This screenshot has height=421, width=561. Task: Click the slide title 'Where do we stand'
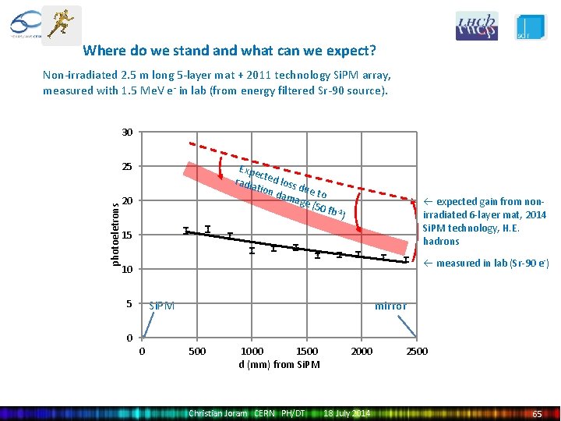pos(229,51)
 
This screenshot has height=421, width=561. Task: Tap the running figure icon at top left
pos(61,24)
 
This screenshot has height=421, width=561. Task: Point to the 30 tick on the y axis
pos(127,132)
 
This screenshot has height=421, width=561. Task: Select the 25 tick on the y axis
pos(127,166)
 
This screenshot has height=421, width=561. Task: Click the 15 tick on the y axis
pos(127,235)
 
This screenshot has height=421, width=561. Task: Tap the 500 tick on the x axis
pos(198,352)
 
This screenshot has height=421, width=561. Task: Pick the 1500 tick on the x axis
pos(308,352)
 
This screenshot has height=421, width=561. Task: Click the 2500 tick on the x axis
pos(417,352)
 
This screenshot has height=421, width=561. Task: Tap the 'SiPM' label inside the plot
pos(161,306)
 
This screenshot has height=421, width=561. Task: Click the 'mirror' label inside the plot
pos(390,306)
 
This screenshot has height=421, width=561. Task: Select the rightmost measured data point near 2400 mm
pos(406,260)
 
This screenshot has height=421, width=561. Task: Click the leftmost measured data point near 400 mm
pos(186,230)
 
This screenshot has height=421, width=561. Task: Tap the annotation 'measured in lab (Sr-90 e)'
pos(486,264)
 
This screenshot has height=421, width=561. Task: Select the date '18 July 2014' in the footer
pos(347,413)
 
